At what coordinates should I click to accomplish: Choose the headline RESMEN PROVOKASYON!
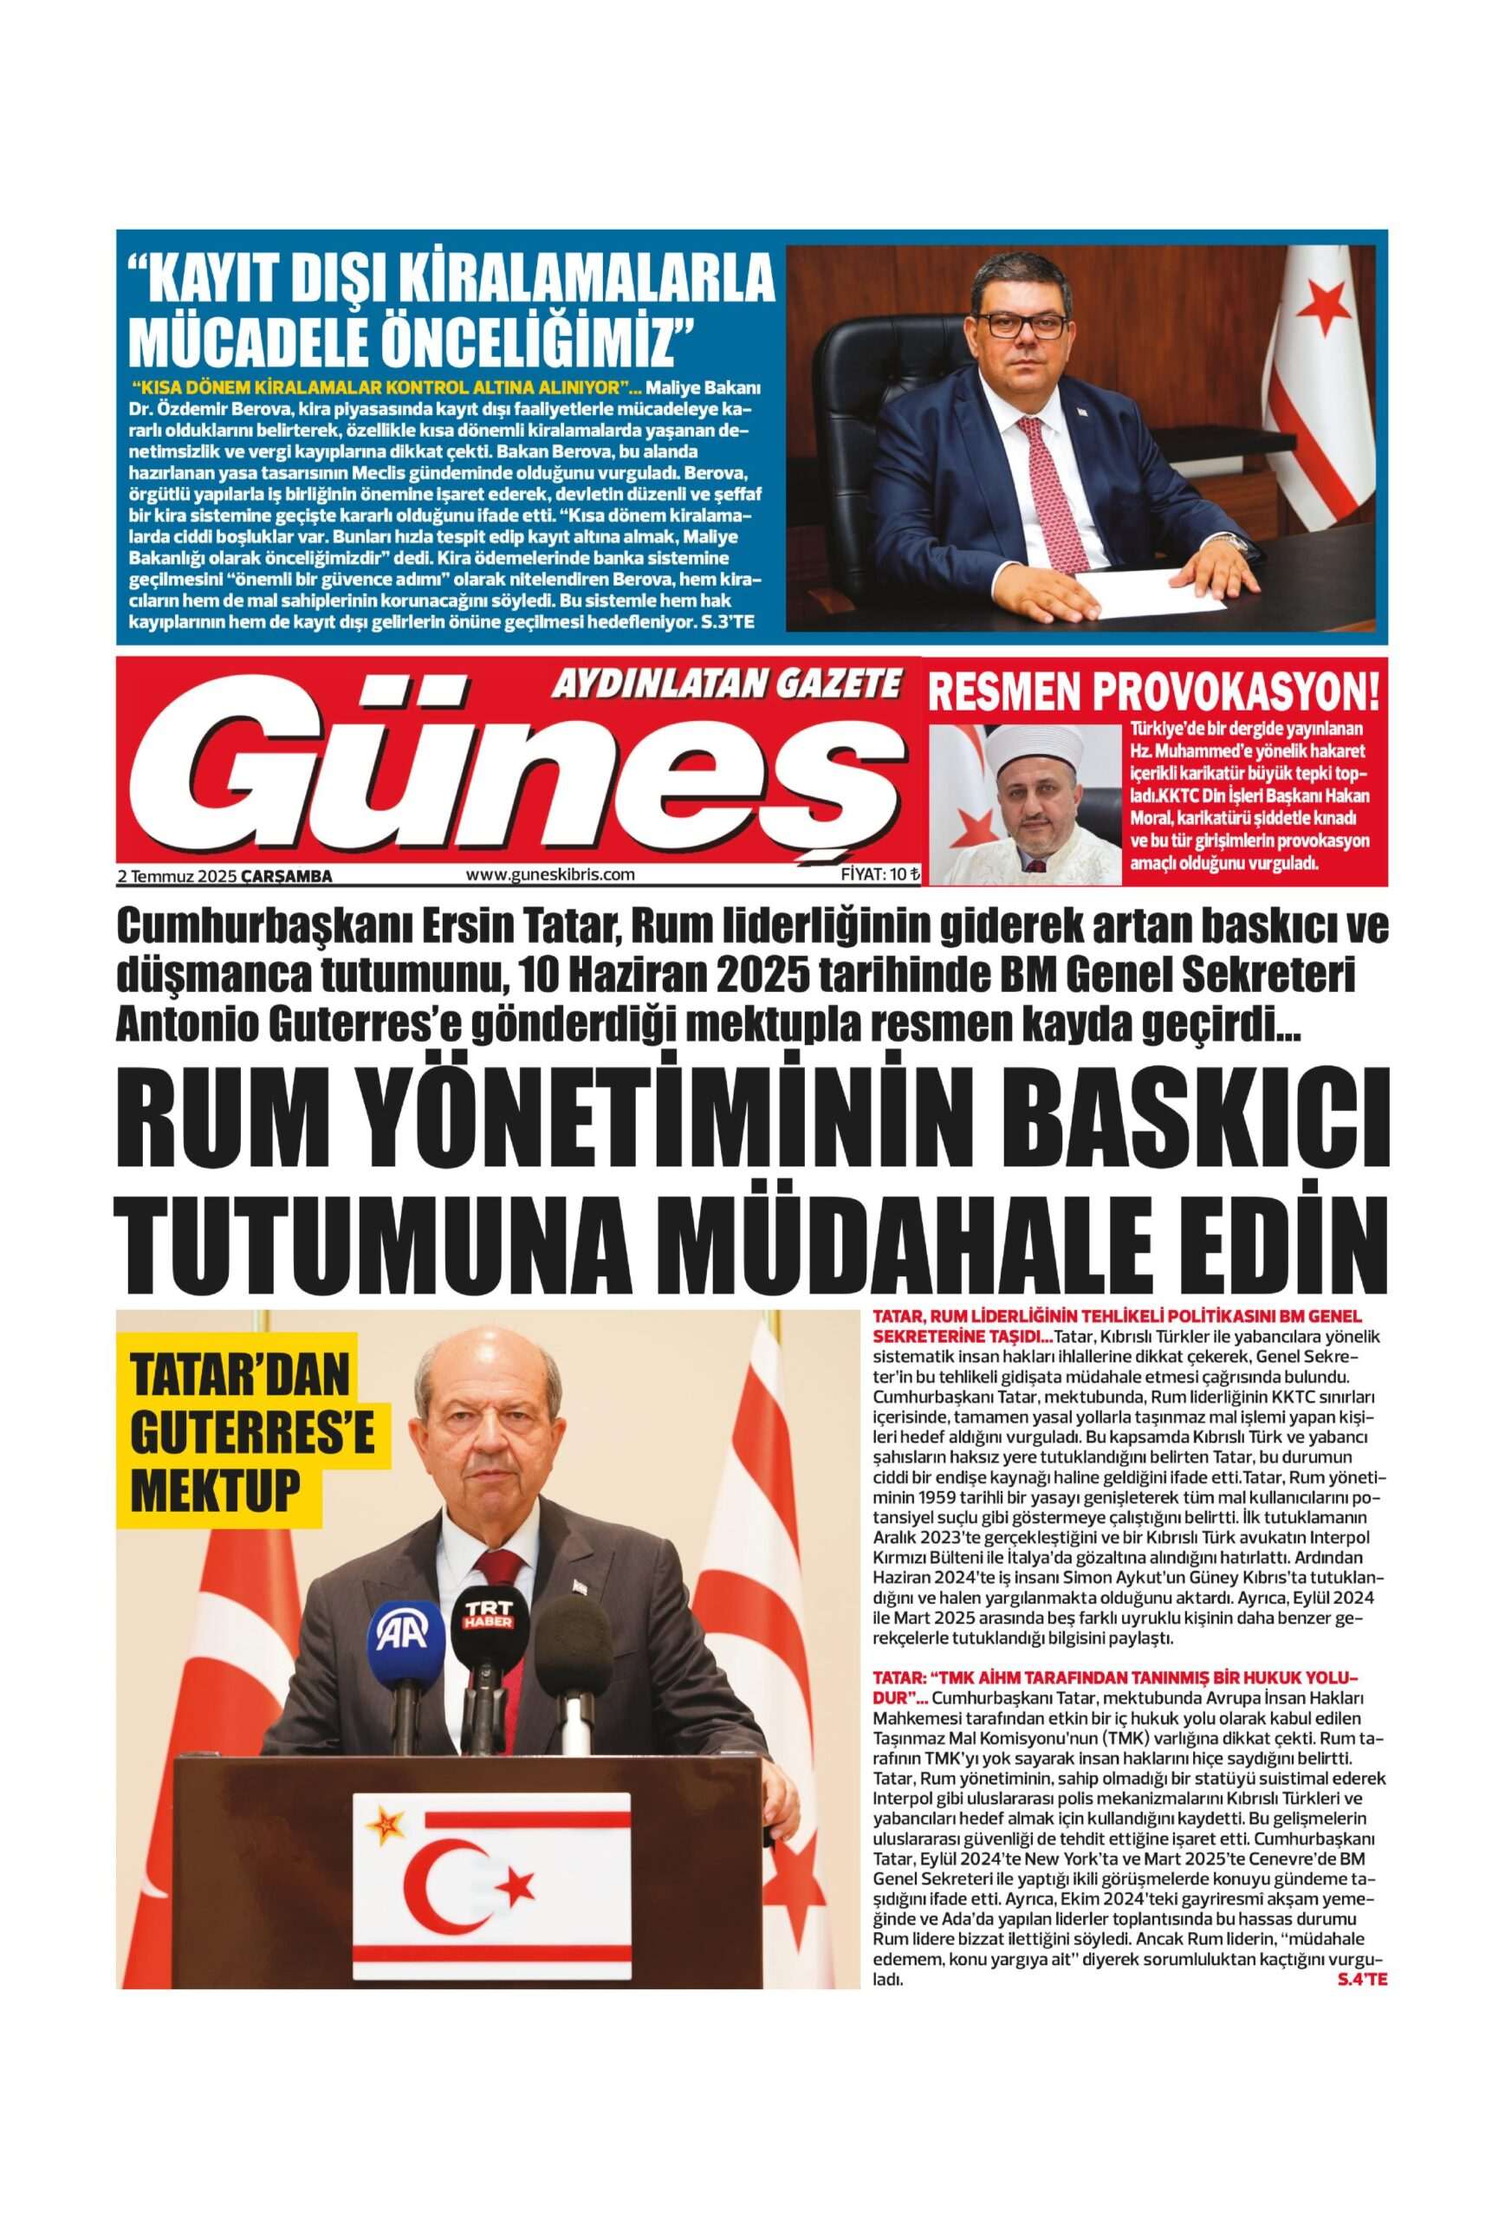pyautogui.click(x=1155, y=694)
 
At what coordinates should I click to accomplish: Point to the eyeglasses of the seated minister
pyautogui.click(x=1022, y=326)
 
